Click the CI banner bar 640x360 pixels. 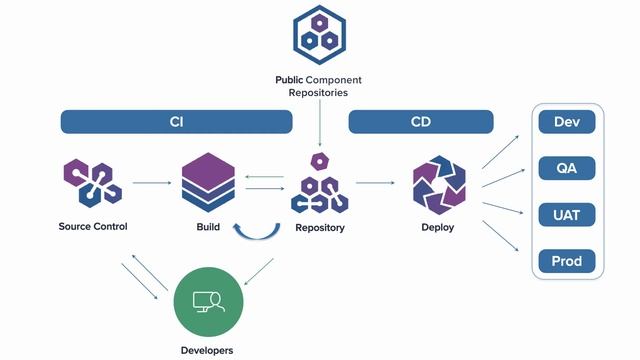tap(176, 122)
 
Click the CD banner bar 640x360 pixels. tap(421, 122)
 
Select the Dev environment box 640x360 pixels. tap(567, 122)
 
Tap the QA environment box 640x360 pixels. tap(567, 168)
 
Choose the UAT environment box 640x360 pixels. tap(567, 214)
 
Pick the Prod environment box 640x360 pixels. tap(567, 261)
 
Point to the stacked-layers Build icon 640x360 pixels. tap(208, 183)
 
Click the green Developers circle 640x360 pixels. tap(208, 301)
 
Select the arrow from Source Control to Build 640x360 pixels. tap(151, 183)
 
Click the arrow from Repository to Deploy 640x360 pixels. tap(375, 183)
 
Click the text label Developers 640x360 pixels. tap(208, 350)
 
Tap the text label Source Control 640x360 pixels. tap(92, 227)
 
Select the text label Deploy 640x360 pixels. tap(438, 227)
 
